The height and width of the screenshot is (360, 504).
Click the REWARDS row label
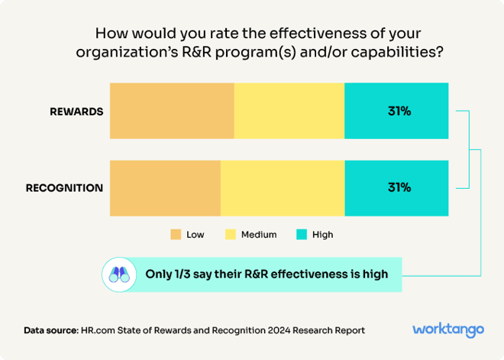(x=76, y=112)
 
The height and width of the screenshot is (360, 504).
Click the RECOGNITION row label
(x=64, y=188)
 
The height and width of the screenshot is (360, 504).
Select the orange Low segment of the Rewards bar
(x=172, y=111)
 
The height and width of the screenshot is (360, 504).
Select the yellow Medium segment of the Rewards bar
(x=289, y=111)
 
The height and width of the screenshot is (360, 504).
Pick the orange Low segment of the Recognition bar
(x=165, y=188)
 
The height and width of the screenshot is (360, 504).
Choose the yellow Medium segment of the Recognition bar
(x=283, y=188)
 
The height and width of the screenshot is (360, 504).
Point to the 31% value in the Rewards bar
(x=399, y=112)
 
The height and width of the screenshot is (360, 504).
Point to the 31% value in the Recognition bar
(x=399, y=188)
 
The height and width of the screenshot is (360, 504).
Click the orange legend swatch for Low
(x=176, y=235)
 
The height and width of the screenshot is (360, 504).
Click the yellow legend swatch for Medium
(x=231, y=235)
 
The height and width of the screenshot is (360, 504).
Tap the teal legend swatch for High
(x=301, y=235)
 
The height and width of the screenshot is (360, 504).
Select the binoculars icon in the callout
(x=118, y=274)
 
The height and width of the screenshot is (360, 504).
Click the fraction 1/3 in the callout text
(x=184, y=274)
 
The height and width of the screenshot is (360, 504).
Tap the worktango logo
(x=448, y=329)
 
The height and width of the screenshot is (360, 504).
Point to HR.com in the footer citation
(x=100, y=330)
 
